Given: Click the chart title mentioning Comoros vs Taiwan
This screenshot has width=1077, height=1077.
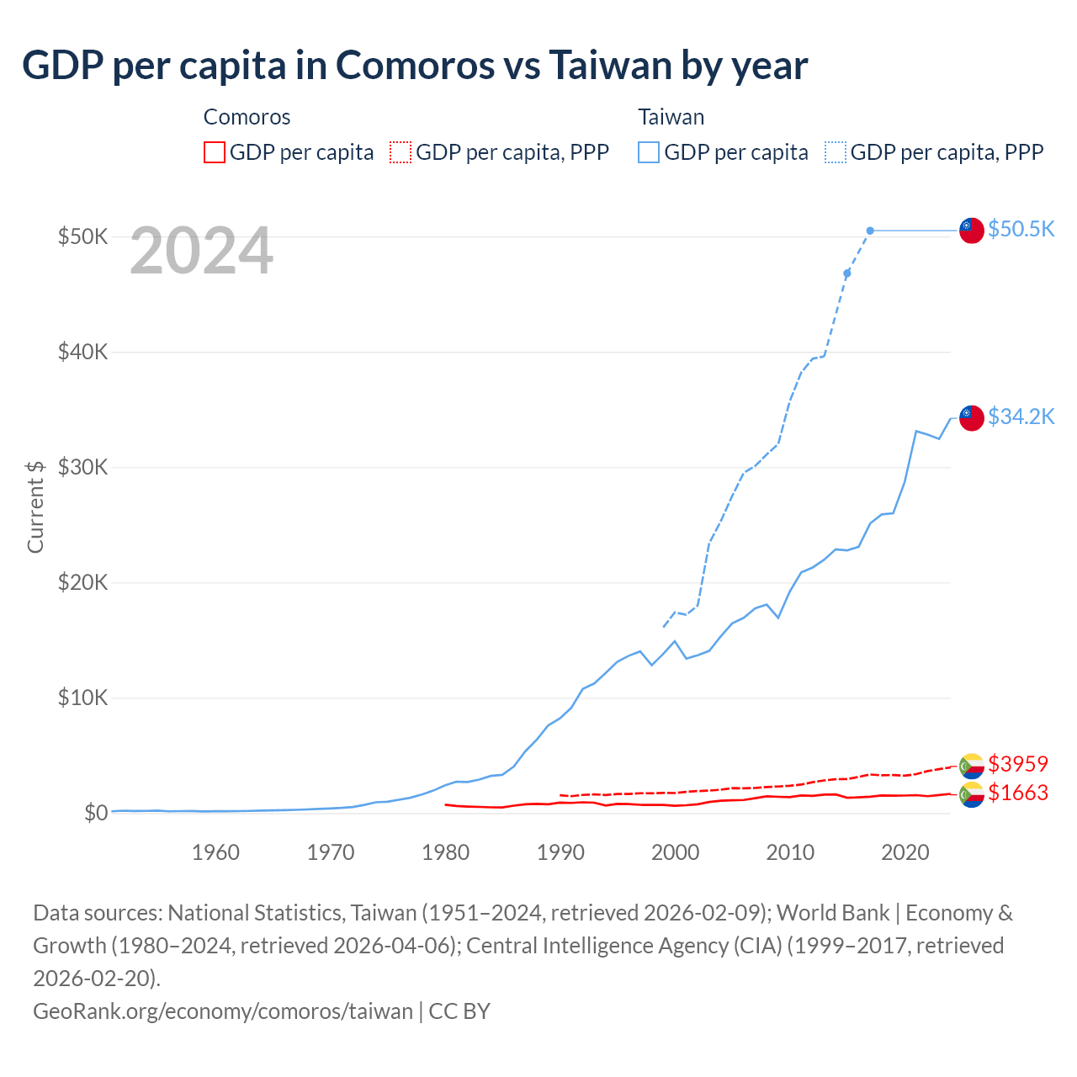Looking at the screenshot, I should tap(415, 66).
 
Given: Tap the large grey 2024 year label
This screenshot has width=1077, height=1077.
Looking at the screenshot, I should tap(201, 251).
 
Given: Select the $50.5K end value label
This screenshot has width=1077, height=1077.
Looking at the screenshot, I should tap(1021, 229).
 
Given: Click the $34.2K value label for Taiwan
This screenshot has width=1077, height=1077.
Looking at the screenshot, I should tap(1021, 416).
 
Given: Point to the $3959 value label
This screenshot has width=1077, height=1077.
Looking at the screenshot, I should tap(1017, 764).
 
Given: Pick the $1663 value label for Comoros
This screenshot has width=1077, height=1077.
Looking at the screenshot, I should tap(1017, 793).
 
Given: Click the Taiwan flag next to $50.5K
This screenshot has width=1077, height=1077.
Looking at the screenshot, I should tap(972, 230).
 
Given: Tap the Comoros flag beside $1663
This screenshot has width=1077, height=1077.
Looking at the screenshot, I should tap(972, 794).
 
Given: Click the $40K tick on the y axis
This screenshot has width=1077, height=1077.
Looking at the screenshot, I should tap(82, 352).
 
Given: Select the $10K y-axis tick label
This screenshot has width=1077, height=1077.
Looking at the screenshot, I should tap(82, 698).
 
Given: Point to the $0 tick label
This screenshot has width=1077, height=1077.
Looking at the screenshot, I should tap(95, 813).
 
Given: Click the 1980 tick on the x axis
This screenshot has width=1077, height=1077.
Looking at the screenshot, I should tap(445, 852).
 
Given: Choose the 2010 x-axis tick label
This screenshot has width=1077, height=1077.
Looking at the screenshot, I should tap(790, 852).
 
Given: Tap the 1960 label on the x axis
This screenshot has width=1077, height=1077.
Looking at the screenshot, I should tap(215, 852).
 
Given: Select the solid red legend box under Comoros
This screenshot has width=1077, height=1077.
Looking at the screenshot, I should tap(215, 152).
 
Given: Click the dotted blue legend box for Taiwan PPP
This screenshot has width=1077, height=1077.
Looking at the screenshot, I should tap(836, 152).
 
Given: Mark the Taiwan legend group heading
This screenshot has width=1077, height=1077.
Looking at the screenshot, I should tap(671, 117).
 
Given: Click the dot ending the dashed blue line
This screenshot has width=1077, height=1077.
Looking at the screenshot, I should tap(870, 231).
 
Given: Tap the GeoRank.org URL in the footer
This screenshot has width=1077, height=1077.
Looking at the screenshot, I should tap(223, 1011).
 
